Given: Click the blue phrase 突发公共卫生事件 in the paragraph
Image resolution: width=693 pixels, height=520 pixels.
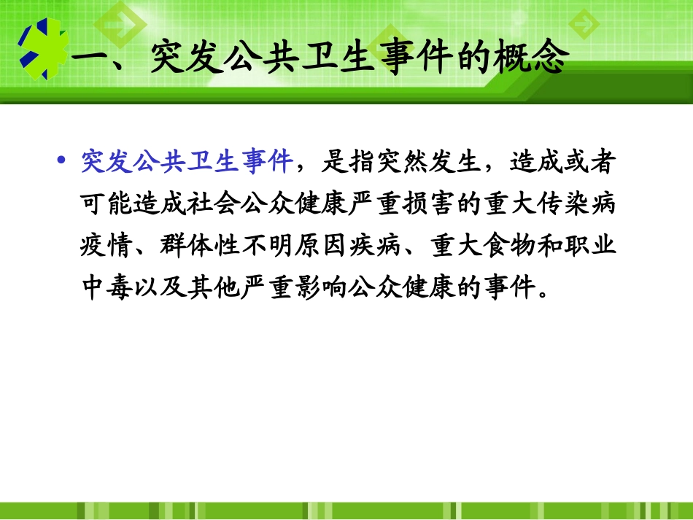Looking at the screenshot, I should click(186, 162).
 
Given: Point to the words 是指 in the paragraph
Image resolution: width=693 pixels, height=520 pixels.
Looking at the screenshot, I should click(346, 162).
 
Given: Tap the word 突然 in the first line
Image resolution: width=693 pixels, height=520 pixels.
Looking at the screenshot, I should click(399, 162).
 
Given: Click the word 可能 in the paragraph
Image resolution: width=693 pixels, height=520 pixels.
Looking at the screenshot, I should click(107, 204).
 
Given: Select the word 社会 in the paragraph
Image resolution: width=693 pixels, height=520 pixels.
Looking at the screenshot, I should click(213, 204).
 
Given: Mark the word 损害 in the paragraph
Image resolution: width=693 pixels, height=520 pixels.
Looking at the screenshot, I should click(425, 204).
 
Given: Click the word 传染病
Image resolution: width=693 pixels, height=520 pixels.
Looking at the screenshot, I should click(572, 204).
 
